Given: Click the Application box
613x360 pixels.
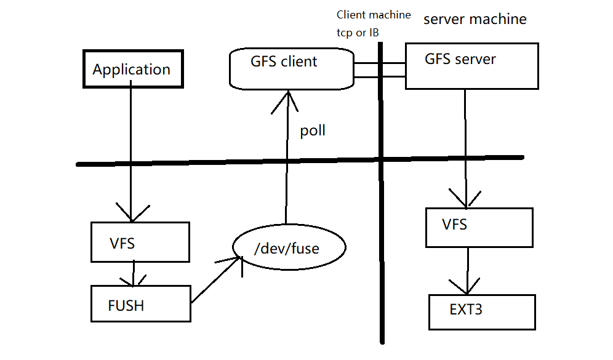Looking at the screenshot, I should coord(133,69).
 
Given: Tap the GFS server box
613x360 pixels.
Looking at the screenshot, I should coord(471,66).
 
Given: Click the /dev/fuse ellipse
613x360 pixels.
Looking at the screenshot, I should coord(289,249).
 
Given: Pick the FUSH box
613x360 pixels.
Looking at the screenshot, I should coord(140,303).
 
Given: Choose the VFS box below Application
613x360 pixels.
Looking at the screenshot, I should coord(140,242).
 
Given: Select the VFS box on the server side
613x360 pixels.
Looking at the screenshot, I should coord(479,227).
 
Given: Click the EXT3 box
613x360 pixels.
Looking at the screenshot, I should coord(481,311).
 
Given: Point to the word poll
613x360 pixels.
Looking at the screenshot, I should coord(313,130).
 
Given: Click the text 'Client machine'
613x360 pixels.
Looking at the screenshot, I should coord(373,14).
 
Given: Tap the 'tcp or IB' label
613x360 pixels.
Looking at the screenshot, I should coord(358,33).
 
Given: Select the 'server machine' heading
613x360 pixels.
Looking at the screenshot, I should coord(475,19).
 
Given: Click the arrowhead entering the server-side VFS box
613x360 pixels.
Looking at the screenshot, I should coord(466,198).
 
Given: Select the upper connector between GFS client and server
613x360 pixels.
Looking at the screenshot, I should coord(380,63).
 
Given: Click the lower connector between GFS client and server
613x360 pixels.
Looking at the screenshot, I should coord(380,76).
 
